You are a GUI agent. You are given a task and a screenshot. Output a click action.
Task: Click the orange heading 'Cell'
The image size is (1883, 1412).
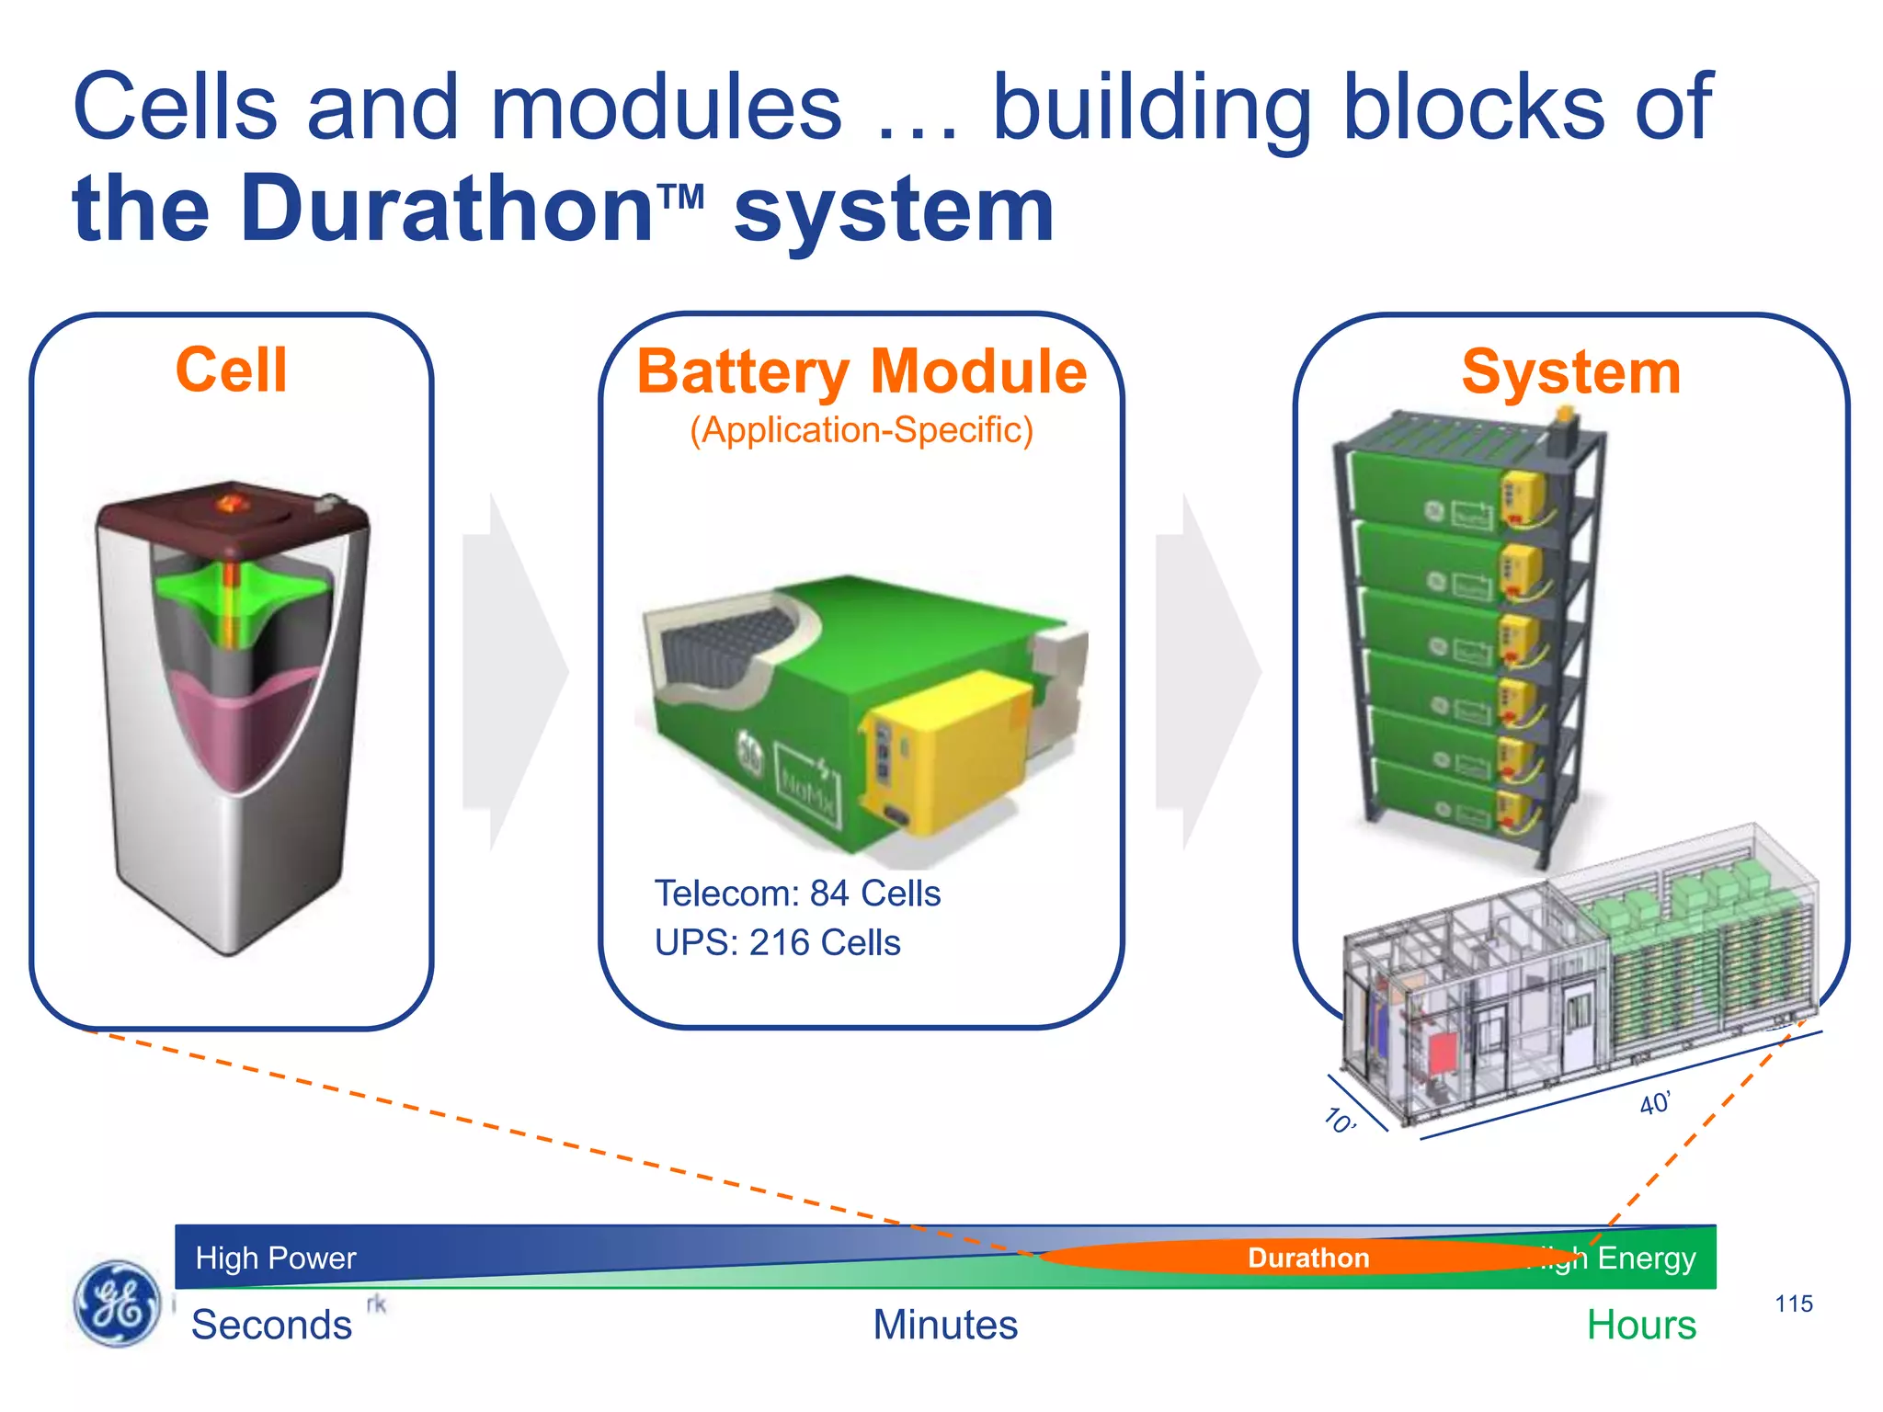point(231,370)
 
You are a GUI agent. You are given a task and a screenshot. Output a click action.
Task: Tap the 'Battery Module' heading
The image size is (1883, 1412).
point(862,372)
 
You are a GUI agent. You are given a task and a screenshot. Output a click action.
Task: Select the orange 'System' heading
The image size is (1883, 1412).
point(1570,372)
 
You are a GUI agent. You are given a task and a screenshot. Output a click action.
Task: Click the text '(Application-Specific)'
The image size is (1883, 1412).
point(862,430)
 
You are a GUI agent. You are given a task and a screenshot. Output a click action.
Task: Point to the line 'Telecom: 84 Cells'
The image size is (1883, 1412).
point(797,894)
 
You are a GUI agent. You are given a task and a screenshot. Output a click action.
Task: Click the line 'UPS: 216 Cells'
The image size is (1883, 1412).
point(777,943)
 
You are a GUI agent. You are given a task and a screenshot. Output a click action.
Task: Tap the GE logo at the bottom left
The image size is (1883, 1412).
point(116,1303)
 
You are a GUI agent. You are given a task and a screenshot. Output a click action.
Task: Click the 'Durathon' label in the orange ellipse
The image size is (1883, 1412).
point(1307,1258)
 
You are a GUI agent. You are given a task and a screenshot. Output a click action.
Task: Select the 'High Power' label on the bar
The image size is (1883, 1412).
point(275,1258)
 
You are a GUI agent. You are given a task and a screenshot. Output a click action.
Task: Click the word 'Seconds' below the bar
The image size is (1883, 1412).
point(271,1325)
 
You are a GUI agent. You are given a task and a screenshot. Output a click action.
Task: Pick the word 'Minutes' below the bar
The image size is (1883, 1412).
point(945,1325)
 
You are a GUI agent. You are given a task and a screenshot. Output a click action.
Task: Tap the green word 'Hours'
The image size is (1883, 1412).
point(1641,1325)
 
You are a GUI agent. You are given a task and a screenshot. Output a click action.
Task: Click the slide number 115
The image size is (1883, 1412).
point(1793,1304)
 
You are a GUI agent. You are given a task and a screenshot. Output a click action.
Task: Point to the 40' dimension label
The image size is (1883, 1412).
point(1654,1103)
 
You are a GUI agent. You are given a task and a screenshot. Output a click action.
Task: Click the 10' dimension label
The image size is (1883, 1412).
point(1340,1121)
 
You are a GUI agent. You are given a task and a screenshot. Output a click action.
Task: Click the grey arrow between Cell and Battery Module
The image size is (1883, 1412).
point(515,671)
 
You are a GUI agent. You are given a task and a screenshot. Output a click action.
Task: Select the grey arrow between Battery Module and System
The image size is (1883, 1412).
point(1207,671)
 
